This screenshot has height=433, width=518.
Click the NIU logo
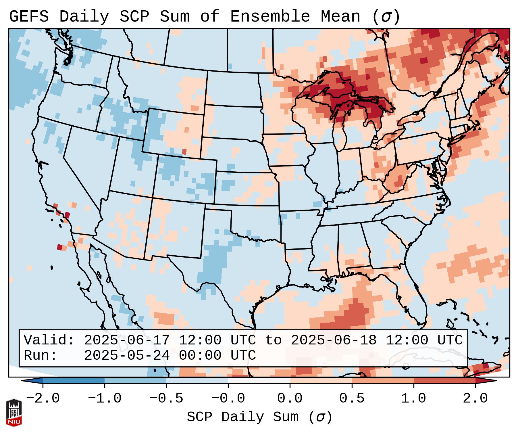[x=14, y=413]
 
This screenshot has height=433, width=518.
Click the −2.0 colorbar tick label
[x=43, y=398]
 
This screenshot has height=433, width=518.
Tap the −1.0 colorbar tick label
[x=105, y=398]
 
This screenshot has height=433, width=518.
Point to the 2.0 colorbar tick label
[x=475, y=398]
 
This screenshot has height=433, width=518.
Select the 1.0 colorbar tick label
[x=414, y=398]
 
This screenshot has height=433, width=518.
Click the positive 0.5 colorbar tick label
[x=352, y=398]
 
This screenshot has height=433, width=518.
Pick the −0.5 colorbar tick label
[x=166, y=398]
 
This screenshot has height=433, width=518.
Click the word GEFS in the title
[x=29, y=17]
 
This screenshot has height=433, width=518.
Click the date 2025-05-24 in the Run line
[x=127, y=356]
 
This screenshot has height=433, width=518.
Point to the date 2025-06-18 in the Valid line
[x=334, y=340]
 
